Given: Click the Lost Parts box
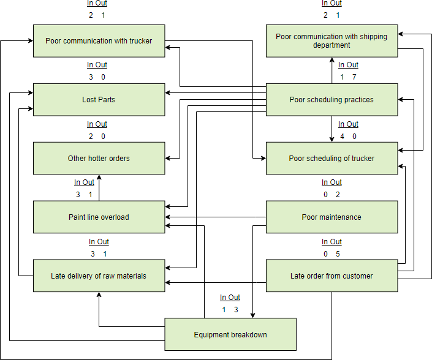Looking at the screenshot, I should (x=99, y=100).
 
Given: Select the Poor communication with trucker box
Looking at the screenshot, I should (x=99, y=41).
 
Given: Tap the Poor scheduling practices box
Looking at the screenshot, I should (x=332, y=100).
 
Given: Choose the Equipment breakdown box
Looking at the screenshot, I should (x=230, y=334).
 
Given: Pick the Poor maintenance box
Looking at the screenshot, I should (x=332, y=217).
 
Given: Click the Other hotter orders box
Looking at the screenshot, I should (x=99, y=159).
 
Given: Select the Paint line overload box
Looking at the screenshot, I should (x=99, y=217).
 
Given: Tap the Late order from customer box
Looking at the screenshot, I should (x=332, y=276).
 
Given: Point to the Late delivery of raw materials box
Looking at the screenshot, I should (x=99, y=276).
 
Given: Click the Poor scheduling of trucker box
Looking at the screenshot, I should (x=332, y=159).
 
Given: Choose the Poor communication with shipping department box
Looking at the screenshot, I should (x=332, y=41).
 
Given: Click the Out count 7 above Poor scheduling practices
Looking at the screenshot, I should (x=354, y=77).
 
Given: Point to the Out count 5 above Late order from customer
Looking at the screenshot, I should (x=338, y=254).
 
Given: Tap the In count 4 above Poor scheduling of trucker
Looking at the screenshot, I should (x=342, y=137).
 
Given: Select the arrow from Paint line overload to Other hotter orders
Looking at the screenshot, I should (x=99, y=188).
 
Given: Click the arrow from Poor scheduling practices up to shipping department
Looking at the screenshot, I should (x=332, y=70).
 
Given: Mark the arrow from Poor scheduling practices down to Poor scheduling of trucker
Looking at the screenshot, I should (x=332, y=129).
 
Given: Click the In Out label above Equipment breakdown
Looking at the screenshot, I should (x=230, y=298).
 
